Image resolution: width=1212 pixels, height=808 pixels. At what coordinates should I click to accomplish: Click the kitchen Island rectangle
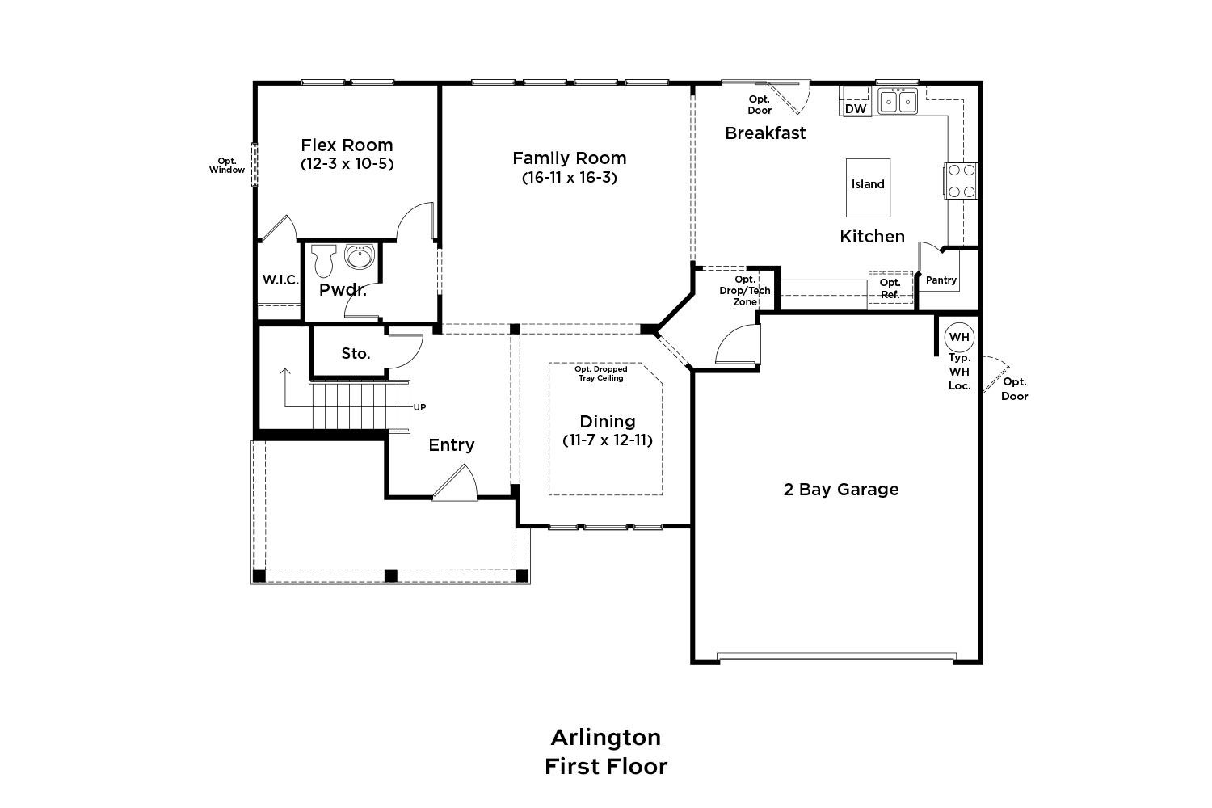click(868, 187)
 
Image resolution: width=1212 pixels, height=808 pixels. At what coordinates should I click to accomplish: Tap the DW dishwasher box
click(856, 108)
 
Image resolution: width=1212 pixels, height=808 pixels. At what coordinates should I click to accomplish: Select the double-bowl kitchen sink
click(898, 101)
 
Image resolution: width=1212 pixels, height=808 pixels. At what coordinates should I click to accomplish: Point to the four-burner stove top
click(962, 181)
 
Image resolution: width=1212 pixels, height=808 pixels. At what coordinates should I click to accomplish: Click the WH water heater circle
click(959, 337)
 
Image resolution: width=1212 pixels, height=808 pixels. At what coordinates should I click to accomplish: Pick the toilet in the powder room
click(324, 260)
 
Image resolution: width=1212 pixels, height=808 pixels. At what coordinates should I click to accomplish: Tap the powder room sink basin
click(360, 256)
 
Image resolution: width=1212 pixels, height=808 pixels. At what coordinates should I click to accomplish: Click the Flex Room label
click(347, 145)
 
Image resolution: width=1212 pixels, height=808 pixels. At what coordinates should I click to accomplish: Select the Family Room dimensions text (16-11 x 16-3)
click(569, 178)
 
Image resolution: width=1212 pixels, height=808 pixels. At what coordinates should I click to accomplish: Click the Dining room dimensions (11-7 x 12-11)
click(608, 440)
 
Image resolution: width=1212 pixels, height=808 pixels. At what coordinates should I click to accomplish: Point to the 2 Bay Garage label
click(841, 489)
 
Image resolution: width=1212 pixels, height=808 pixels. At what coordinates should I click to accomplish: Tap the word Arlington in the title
click(606, 738)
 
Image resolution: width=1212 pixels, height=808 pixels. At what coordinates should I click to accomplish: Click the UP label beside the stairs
click(420, 407)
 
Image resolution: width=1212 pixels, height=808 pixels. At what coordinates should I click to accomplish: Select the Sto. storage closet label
click(356, 353)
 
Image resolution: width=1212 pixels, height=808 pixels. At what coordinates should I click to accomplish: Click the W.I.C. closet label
click(280, 280)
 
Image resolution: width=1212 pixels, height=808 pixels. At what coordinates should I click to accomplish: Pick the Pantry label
click(941, 280)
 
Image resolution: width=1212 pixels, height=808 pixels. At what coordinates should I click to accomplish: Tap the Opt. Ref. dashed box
click(890, 288)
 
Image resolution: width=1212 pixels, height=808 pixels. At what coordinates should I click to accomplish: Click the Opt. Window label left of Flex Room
click(227, 165)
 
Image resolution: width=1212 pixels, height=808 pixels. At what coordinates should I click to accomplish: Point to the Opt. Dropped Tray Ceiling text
click(600, 373)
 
